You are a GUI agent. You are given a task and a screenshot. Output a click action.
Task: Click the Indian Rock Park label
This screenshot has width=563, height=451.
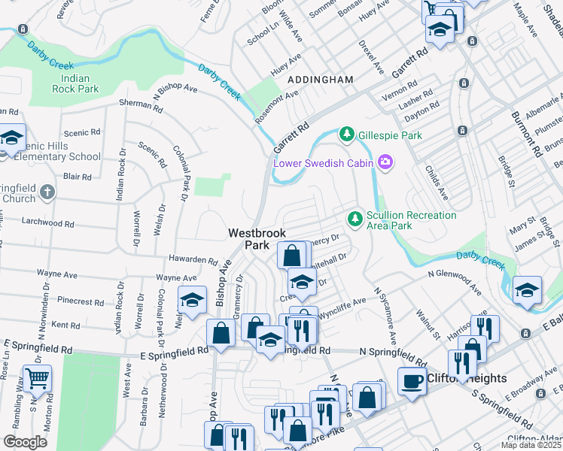click(x=75, y=83)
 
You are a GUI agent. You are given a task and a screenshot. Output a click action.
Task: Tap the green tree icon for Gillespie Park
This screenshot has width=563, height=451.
click(x=347, y=135)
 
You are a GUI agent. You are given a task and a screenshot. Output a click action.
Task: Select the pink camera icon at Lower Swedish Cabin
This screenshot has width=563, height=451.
click(x=386, y=162)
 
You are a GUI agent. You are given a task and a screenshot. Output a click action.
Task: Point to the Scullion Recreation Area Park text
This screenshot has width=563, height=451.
click(x=411, y=220)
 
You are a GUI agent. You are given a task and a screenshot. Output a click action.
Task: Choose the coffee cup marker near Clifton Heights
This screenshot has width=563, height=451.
click(x=412, y=381)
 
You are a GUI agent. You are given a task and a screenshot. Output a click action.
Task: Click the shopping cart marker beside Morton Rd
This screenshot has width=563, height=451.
click(x=37, y=380)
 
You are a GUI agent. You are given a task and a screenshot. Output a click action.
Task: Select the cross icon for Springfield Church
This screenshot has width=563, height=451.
click(x=47, y=192)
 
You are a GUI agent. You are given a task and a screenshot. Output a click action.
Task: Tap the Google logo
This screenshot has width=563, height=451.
click(x=25, y=442)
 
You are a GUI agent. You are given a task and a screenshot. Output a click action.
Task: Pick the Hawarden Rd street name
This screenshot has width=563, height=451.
click(x=193, y=259)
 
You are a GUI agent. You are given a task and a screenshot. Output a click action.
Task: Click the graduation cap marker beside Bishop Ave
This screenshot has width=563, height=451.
click(x=193, y=300)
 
